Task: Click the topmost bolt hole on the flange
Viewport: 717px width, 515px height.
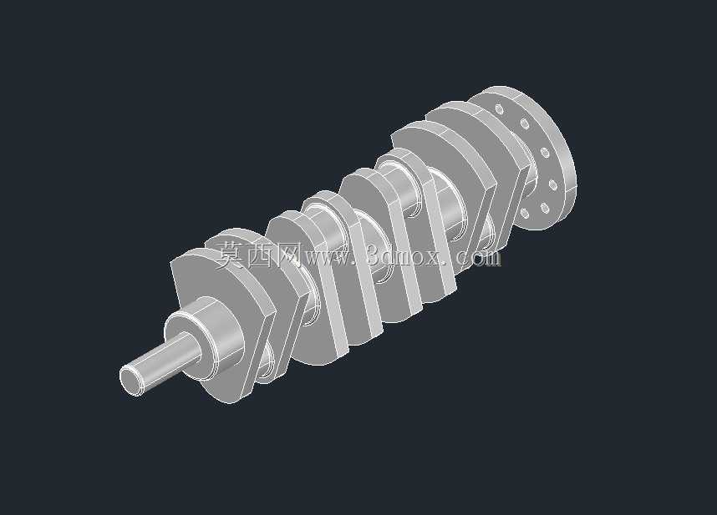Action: point(500,109)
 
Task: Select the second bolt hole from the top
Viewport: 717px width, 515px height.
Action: point(525,123)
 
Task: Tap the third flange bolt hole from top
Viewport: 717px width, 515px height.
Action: point(545,152)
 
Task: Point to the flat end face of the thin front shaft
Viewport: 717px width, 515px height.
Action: point(130,380)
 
